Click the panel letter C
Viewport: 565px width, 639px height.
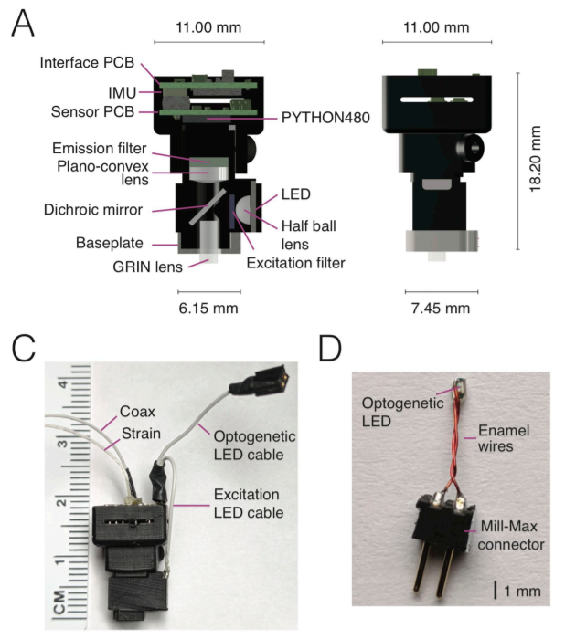pos(25,350)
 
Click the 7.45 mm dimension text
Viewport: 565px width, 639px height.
pos(437,308)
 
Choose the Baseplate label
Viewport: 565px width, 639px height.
pos(110,244)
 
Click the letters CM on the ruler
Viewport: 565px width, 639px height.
pos(60,600)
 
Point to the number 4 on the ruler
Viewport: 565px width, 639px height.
pos(64,384)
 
